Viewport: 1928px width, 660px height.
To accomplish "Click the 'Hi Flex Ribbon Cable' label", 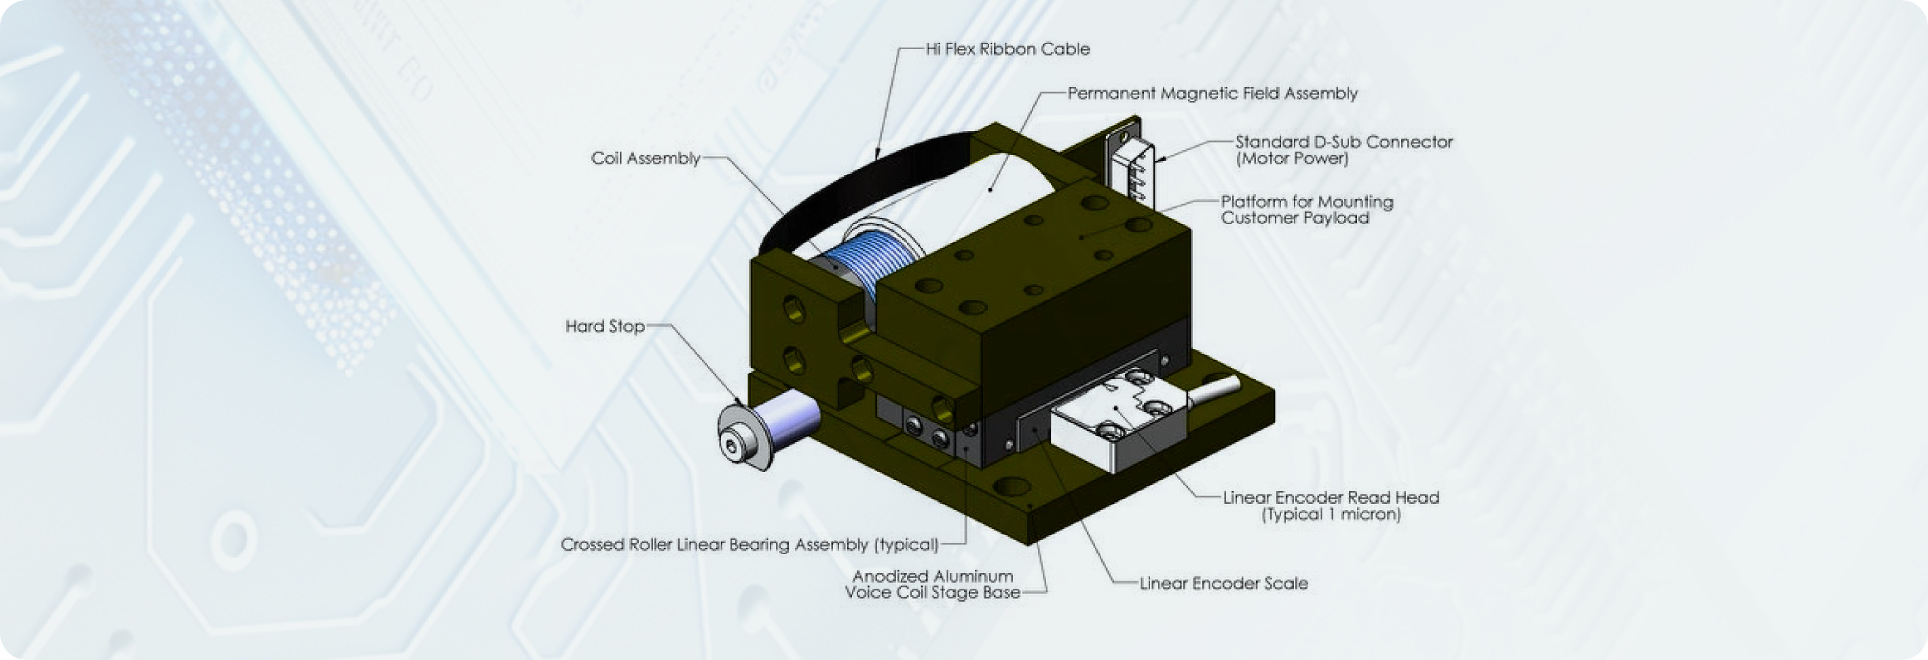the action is point(1007,50).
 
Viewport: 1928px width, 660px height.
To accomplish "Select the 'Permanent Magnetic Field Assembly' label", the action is point(1212,94).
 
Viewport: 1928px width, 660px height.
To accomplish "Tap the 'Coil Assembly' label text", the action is point(645,159).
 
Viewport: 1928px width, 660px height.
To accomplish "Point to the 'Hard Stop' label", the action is point(605,326).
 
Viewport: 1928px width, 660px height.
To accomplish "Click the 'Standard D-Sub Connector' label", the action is point(1343,142).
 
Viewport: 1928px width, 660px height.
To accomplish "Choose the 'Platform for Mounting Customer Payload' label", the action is point(1307,210).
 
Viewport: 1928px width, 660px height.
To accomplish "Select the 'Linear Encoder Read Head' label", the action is point(1331,498).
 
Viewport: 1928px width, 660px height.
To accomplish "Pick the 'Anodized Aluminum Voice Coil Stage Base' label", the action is point(933,585).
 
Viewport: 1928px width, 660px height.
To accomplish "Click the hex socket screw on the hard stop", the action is point(731,447).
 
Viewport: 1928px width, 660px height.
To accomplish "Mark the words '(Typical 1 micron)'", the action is point(1331,515).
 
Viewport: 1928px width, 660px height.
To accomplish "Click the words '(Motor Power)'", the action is point(1292,159).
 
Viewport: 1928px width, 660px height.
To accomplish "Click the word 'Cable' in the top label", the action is point(1066,50).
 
